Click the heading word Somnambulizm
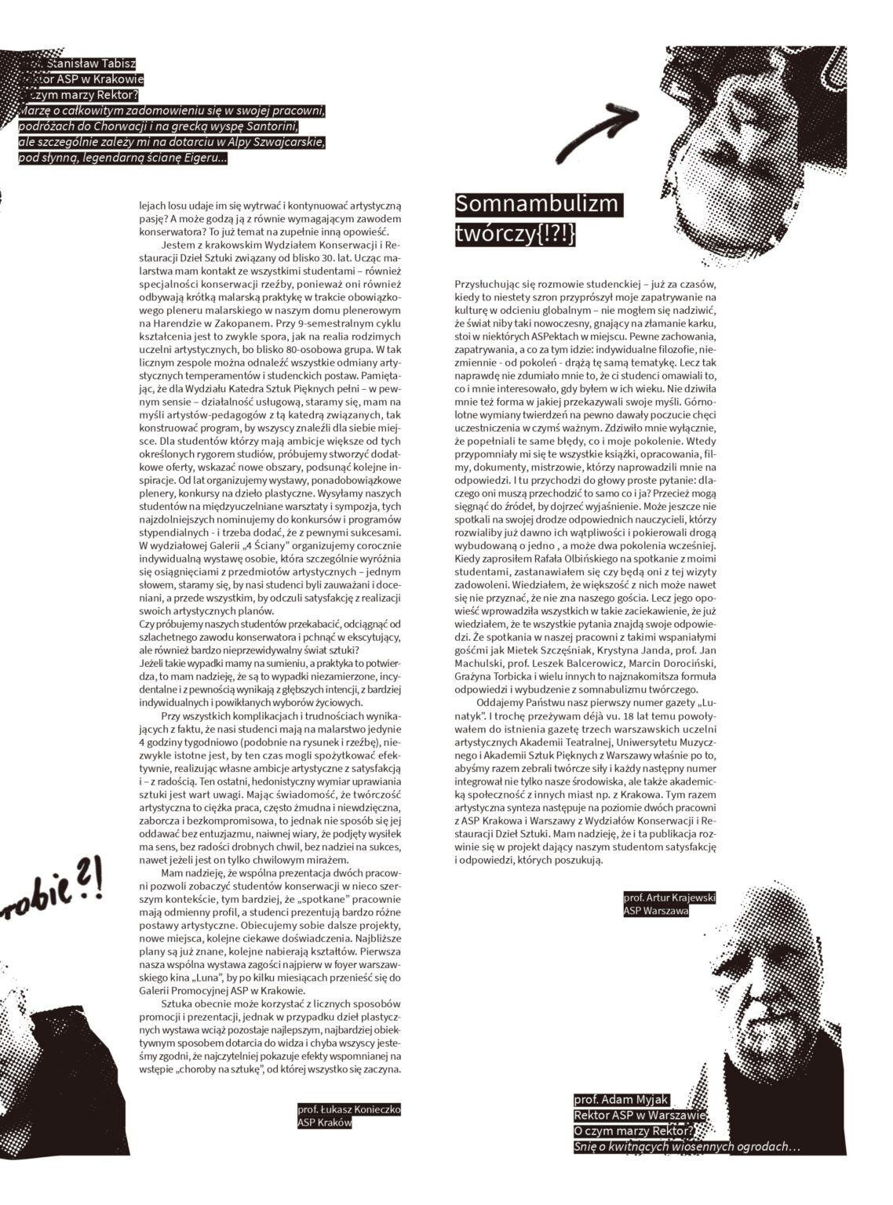pyautogui.click(x=538, y=206)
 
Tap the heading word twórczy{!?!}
pyautogui.click(x=515, y=235)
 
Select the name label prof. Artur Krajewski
pyautogui.click(x=669, y=896)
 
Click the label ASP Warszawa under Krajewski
pyautogui.click(x=655, y=911)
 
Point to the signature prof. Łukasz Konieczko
pyautogui.click(x=349, y=1110)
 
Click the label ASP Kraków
pyautogui.click(x=324, y=1123)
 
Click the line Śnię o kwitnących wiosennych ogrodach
pyautogui.click(x=685, y=1147)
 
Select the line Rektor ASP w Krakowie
pyautogui.click(x=86, y=79)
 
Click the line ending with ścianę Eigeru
pyautogui.click(x=122, y=158)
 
